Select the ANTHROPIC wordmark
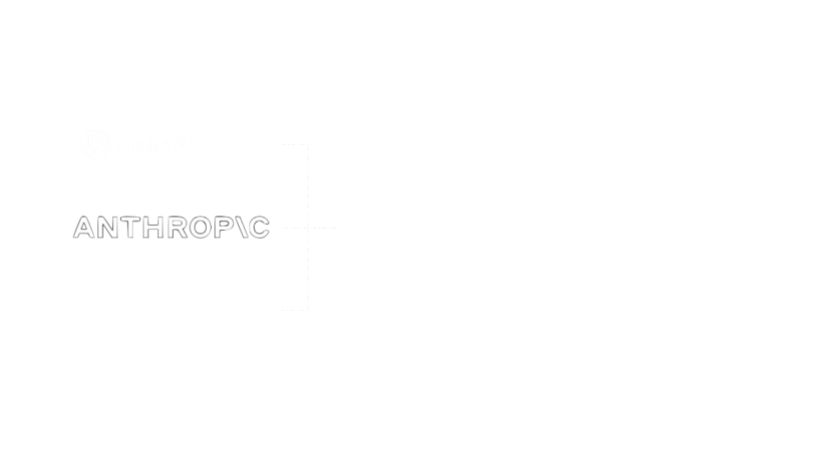171,228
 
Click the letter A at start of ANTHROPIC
83,228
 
